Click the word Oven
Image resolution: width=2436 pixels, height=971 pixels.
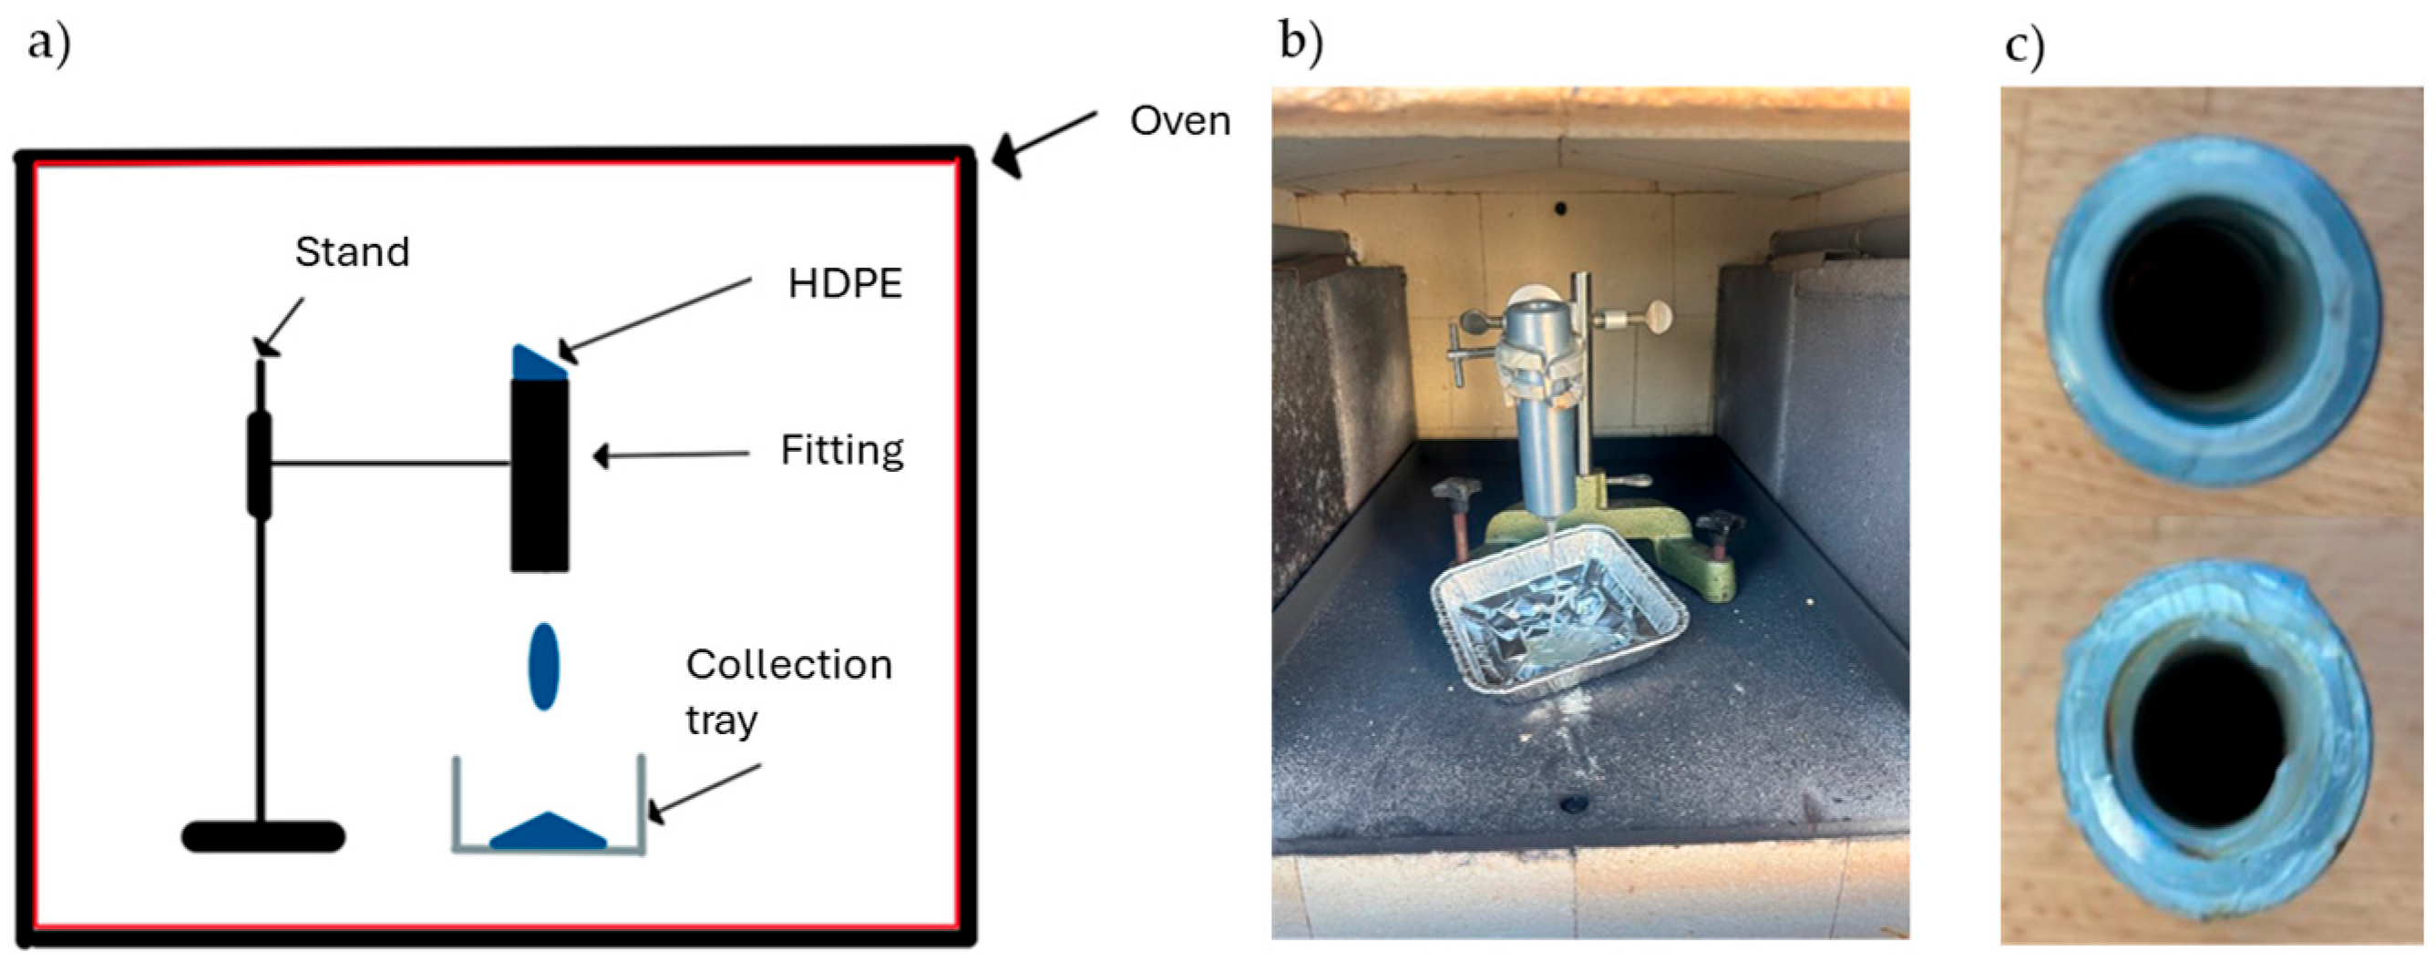pos(1179,122)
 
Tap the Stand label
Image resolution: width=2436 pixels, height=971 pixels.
pos(352,251)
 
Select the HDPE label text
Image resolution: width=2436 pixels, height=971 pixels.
pos(845,283)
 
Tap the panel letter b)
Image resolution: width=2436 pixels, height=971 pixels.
pos(1301,43)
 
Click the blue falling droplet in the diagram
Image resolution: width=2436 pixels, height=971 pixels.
pos(543,666)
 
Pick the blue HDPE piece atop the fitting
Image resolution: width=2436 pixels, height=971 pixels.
pos(537,364)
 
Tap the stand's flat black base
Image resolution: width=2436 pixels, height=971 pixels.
pos(262,837)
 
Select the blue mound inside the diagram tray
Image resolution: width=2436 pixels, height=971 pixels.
pos(548,832)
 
